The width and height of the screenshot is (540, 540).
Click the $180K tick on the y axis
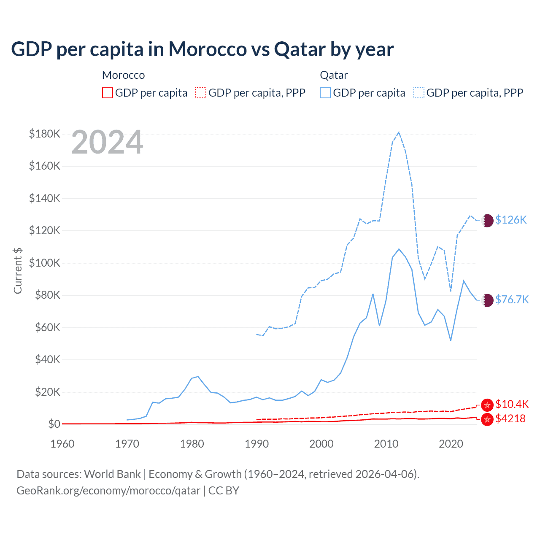[x=45, y=134]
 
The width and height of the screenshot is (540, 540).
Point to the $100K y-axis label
[x=45, y=263]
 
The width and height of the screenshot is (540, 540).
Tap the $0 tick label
[x=54, y=424]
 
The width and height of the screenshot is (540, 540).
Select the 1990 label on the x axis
[x=256, y=444]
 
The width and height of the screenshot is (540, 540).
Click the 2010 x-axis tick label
[x=386, y=444]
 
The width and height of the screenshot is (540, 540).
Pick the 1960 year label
[x=62, y=444]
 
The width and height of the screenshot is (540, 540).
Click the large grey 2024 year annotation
[x=107, y=143]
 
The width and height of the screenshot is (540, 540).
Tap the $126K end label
[x=511, y=220]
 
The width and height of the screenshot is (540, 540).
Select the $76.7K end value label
[x=512, y=300]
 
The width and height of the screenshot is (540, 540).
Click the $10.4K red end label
[x=512, y=404]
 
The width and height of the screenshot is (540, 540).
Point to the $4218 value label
[x=510, y=418]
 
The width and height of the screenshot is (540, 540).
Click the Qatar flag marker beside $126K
[x=487, y=220]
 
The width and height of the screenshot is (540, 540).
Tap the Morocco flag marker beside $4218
[x=487, y=419]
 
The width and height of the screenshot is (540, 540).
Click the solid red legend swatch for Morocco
[x=108, y=93]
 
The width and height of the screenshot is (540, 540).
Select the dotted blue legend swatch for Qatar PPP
[x=419, y=93]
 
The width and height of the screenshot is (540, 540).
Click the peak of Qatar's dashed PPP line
[x=399, y=132]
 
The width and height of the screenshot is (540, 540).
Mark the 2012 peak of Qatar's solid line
[x=399, y=249]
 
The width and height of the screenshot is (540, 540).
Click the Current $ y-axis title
[x=18, y=270]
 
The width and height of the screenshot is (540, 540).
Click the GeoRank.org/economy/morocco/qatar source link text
[x=108, y=491]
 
